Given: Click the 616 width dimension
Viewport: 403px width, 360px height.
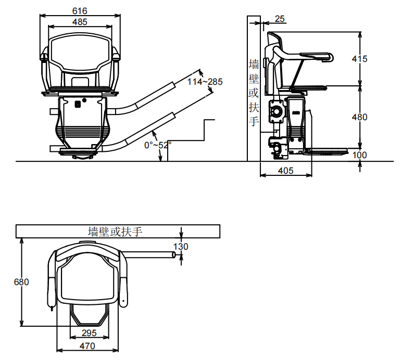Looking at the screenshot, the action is pos(80,11).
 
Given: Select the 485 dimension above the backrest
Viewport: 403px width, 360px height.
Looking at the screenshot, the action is pos(80,22).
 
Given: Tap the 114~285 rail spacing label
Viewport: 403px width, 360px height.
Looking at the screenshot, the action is pos(205,82).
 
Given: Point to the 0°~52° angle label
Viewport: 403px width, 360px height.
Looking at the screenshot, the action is pos(158,145).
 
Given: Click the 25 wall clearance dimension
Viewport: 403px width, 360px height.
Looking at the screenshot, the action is pos(280,19).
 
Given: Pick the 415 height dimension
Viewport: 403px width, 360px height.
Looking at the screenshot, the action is pos(359,59).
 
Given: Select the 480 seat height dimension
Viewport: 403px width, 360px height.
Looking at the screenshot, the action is pos(359,117).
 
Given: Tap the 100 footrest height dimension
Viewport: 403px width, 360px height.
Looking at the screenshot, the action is pos(359,155).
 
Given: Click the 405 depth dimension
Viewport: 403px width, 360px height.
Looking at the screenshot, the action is pos(285,171).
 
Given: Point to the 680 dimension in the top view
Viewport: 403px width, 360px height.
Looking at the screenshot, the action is pos(21,282).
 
